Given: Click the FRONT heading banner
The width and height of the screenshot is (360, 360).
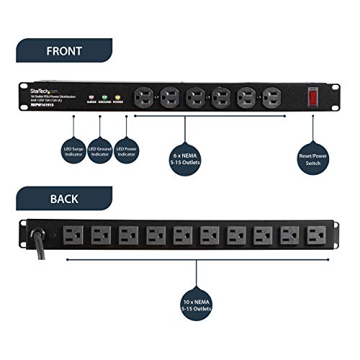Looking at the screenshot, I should (63, 52).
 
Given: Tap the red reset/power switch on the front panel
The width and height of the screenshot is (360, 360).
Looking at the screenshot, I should (312, 95).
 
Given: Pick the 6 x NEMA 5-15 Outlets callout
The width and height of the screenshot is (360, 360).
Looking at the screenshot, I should (185, 157).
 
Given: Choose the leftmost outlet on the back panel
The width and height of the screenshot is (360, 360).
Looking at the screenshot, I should (73, 235).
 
